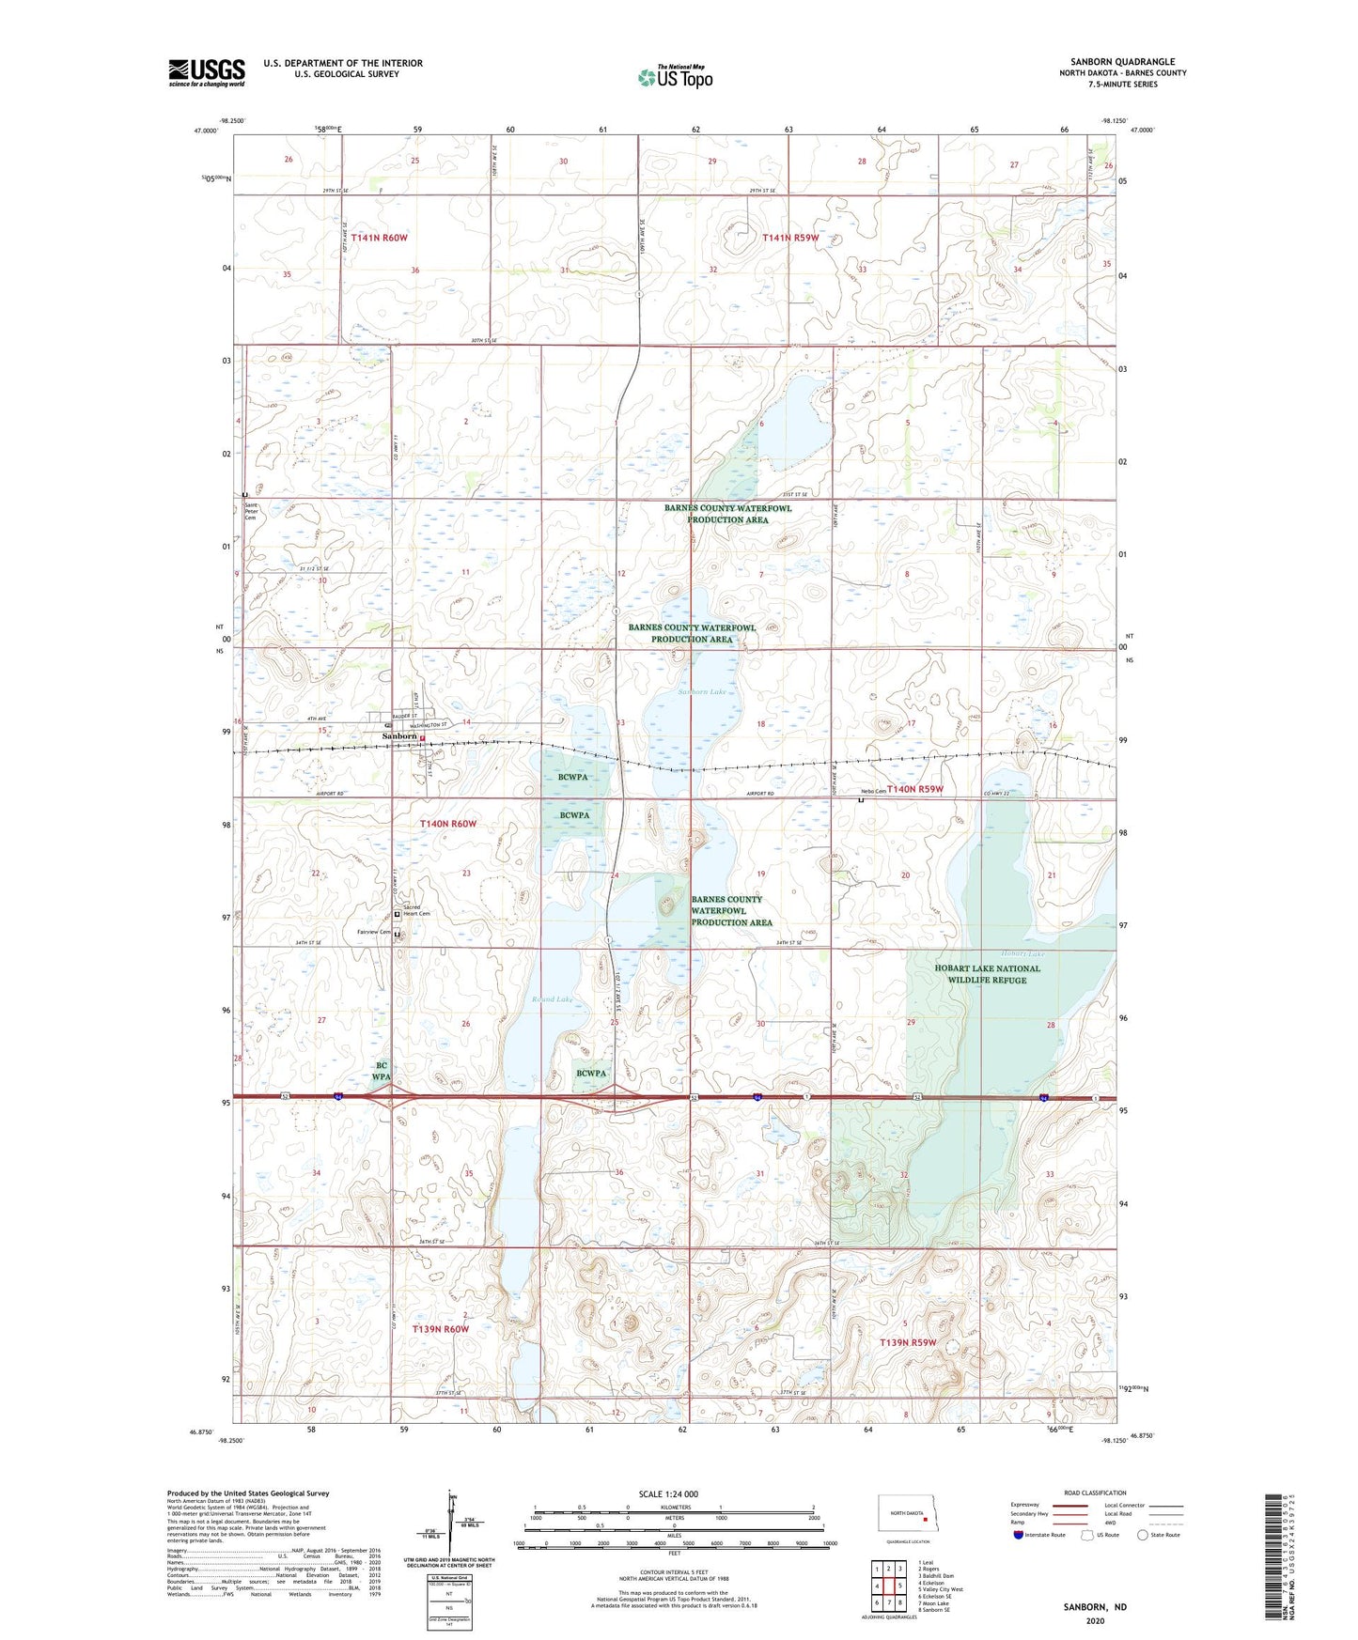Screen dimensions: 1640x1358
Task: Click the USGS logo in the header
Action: click(207, 72)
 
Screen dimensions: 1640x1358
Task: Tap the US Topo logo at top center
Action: click(675, 77)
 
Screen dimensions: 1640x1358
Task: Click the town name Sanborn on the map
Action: click(399, 736)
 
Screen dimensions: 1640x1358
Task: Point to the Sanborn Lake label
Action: click(702, 692)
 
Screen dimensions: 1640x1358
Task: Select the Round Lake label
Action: click(552, 999)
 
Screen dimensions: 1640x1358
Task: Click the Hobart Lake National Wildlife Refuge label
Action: click(987, 974)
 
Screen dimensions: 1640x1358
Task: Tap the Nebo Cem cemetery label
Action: click(873, 791)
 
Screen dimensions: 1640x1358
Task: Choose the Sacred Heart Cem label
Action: click(417, 911)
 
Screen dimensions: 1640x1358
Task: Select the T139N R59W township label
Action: click(907, 1342)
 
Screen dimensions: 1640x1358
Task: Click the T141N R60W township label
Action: click(379, 238)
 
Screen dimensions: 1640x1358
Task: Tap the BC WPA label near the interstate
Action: click(382, 1071)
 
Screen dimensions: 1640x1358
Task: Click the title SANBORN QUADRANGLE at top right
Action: click(1122, 61)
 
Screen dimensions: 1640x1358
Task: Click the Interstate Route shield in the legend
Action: click(1019, 1536)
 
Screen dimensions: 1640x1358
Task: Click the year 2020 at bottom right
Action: click(1095, 1621)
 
